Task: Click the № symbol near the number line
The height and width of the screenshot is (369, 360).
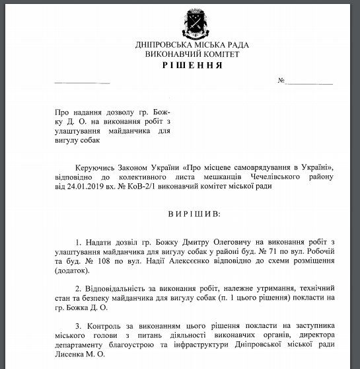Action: coord(281,82)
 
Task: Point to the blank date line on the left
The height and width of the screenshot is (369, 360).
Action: coord(73,82)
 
